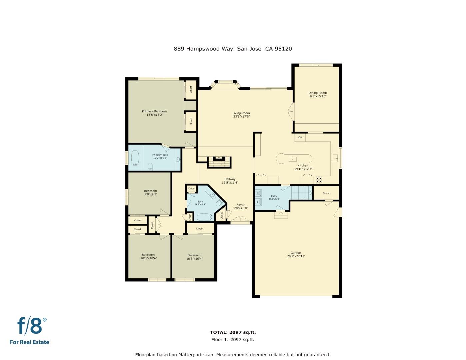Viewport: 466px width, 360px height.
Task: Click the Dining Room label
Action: pyautogui.click(x=317, y=93)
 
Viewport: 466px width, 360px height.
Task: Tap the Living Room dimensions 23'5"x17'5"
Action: pyautogui.click(x=241, y=117)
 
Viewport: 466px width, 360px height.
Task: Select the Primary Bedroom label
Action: pyautogui.click(x=154, y=111)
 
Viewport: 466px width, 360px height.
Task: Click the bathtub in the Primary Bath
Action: pyautogui.click(x=135, y=158)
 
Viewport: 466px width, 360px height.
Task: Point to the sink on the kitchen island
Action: pyautogui.click(x=292, y=158)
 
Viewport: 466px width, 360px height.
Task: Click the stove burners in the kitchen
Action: pyautogui.click(x=319, y=180)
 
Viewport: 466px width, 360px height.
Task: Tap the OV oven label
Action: pyautogui.click(x=300, y=137)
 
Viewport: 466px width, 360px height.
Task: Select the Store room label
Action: pyautogui.click(x=326, y=193)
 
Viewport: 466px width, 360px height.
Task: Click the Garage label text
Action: pyautogui.click(x=296, y=253)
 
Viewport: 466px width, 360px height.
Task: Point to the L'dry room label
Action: pyautogui.click(x=274, y=196)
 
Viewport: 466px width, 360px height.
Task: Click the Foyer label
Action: pyautogui.click(x=241, y=205)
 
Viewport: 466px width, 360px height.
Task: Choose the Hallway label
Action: pyautogui.click(x=230, y=179)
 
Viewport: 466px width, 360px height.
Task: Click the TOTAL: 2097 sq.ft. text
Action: pyautogui.click(x=233, y=332)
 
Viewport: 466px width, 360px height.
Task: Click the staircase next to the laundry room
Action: pyautogui.click(x=302, y=193)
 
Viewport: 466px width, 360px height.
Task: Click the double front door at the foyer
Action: pyautogui.click(x=241, y=220)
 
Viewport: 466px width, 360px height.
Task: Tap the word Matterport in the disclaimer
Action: pyautogui.click(x=199, y=355)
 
